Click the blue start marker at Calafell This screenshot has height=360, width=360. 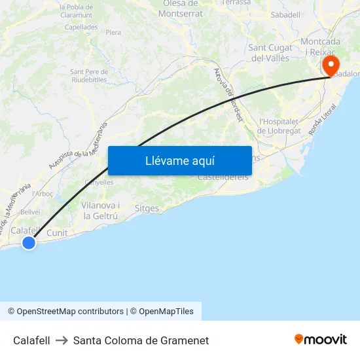click(x=29, y=243)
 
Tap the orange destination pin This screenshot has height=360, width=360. click(x=329, y=65)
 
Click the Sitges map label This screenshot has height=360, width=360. click(x=146, y=208)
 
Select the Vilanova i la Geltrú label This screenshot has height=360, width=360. click(x=99, y=210)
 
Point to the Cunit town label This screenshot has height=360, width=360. click(x=57, y=232)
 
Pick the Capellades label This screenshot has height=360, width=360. click(x=81, y=27)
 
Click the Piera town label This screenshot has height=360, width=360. click(x=113, y=32)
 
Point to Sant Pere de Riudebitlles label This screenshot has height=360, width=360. click(x=88, y=76)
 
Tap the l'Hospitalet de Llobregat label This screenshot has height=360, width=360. click(x=279, y=126)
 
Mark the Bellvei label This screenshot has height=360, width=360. click(x=31, y=212)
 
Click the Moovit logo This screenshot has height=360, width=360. click(x=321, y=340)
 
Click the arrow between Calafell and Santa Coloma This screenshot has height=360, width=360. click(x=62, y=340)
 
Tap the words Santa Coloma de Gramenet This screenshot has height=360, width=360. click(x=141, y=340)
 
